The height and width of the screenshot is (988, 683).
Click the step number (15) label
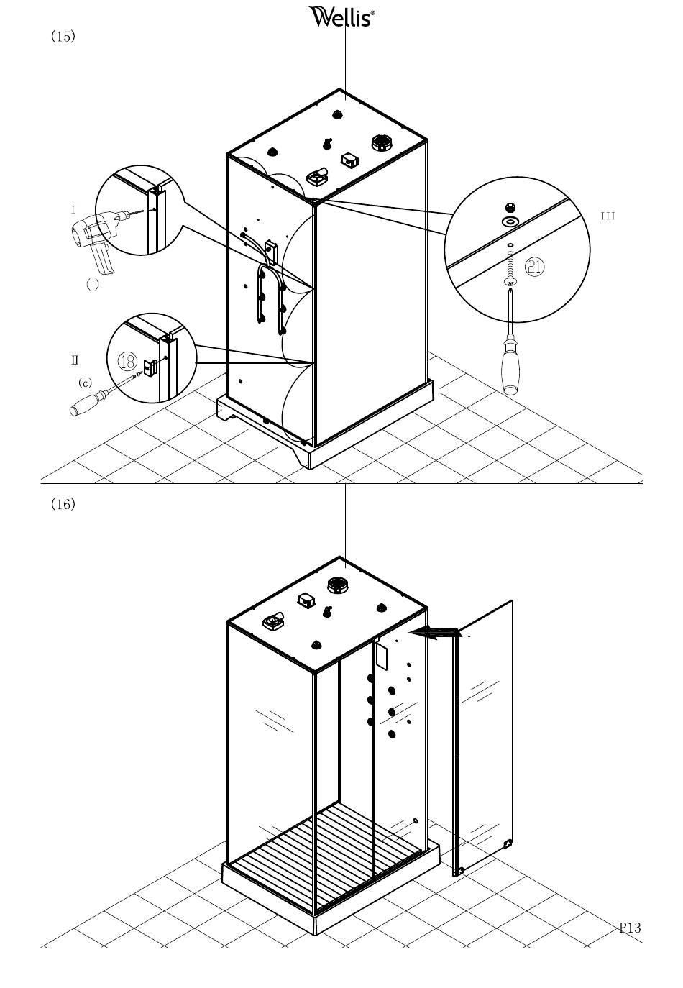pyautogui.click(x=63, y=36)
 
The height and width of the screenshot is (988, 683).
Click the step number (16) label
pyautogui.click(x=63, y=503)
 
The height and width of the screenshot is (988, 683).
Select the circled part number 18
pyautogui.click(x=127, y=362)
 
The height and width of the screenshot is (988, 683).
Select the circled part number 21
pyautogui.click(x=534, y=267)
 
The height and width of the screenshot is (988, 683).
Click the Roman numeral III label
pyautogui.click(x=608, y=216)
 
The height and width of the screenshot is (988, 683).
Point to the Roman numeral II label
pyautogui.click(x=75, y=360)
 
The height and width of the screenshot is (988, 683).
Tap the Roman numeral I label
pyautogui.click(x=73, y=210)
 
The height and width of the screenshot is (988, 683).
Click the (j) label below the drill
pyautogui.click(x=92, y=285)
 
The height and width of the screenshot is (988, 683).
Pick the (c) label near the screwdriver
pyautogui.click(x=85, y=383)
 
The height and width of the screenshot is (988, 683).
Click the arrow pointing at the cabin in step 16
pyautogui.click(x=435, y=633)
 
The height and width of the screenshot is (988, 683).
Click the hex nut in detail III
pyautogui.click(x=510, y=206)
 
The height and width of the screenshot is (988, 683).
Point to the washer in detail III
pyautogui.click(x=510, y=221)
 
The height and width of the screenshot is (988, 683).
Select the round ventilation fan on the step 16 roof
pyautogui.click(x=338, y=586)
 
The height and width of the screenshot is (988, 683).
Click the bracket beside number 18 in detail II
pyautogui.click(x=150, y=367)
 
